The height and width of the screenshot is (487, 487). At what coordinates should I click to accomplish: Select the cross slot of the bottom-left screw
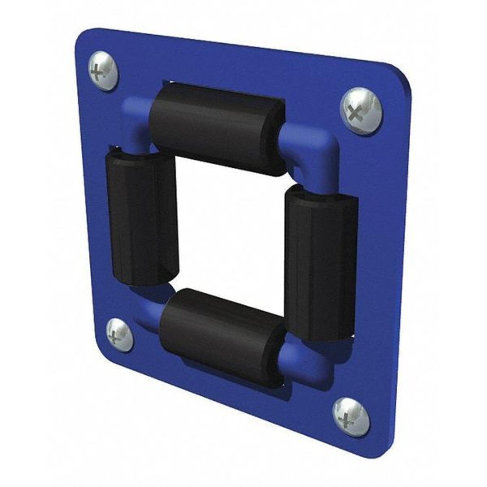click(x=113, y=337)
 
